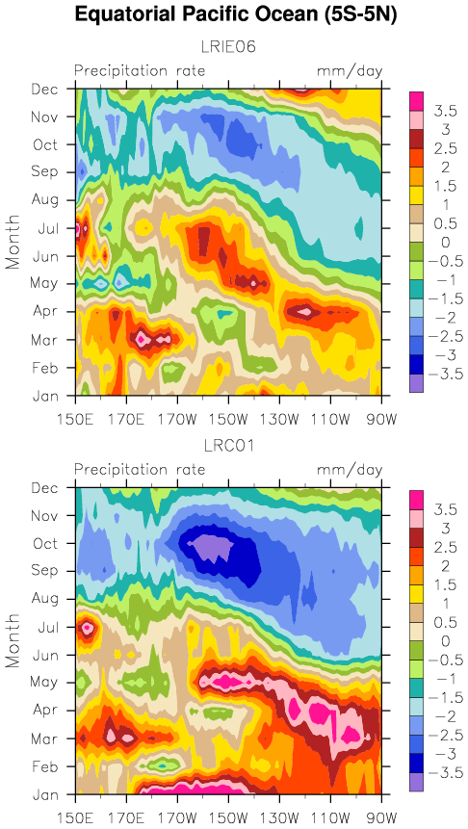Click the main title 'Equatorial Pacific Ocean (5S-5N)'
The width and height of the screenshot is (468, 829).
[235, 14]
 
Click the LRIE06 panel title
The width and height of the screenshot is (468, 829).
[228, 47]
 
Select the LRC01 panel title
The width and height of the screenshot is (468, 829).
[228, 446]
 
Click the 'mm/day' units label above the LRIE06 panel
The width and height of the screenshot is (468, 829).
[350, 70]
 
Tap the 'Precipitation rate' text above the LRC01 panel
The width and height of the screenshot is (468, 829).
[140, 469]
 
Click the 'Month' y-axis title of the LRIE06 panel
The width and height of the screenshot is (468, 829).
[13, 242]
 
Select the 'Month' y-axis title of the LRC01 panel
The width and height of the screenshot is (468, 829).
[13, 640]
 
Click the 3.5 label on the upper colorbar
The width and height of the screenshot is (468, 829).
[446, 111]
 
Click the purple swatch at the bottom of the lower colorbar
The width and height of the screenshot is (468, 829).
[417, 783]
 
